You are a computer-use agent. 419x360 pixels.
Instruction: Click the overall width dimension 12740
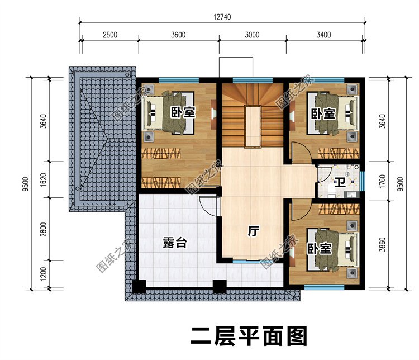(x=222, y=16)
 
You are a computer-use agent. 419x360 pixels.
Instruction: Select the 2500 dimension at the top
(x=109, y=35)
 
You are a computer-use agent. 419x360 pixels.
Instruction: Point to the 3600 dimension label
(x=178, y=35)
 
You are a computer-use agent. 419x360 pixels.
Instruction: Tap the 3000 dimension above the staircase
(x=252, y=35)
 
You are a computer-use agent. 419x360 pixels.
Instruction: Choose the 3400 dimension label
(x=323, y=35)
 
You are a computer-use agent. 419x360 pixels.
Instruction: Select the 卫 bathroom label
(x=340, y=182)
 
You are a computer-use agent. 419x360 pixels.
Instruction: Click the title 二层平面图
(x=249, y=337)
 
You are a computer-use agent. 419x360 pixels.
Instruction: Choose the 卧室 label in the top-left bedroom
(x=183, y=112)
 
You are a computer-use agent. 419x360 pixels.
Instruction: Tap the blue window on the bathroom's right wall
(x=362, y=180)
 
